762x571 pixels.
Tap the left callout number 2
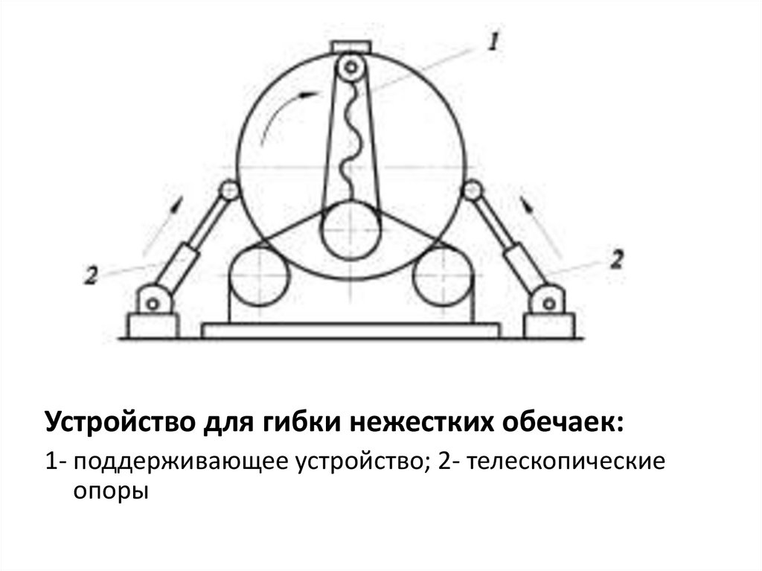[92, 275]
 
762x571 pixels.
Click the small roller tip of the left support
[230, 191]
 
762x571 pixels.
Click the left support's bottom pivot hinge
[154, 303]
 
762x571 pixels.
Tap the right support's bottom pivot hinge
[548, 303]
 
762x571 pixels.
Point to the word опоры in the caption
[110, 492]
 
